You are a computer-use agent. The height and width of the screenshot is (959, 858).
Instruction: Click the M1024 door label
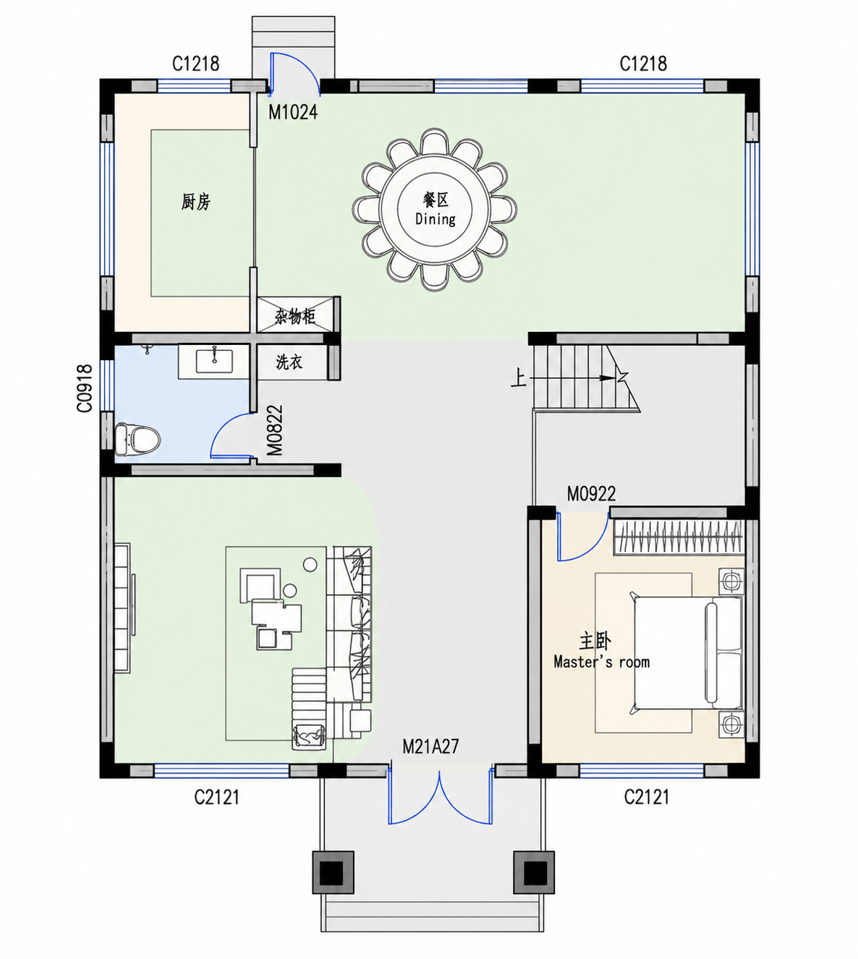[x=292, y=112]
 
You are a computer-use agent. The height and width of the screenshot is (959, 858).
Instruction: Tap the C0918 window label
[x=85, y=388]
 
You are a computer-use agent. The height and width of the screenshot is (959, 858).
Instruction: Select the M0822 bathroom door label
[x=275, y=430]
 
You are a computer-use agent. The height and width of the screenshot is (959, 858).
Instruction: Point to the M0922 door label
[x=592, y=494]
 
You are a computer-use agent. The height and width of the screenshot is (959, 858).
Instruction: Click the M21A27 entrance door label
[x=430, y=746]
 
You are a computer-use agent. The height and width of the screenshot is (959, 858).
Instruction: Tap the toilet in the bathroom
[x=137, y=439]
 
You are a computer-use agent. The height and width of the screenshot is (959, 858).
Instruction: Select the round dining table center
[x=435, y=210]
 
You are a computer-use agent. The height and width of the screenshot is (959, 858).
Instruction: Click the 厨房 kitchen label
[x=195, y=202]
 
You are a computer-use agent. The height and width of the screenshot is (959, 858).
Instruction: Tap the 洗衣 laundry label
[x=289, y=362]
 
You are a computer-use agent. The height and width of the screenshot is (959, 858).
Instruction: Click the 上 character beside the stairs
[x=518, y=379]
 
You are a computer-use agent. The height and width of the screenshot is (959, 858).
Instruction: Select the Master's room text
[x=601, y=661]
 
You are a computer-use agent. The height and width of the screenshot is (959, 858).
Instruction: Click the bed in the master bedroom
[x=687, y=653]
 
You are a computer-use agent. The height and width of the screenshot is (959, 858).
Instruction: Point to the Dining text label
[x=436, y=218]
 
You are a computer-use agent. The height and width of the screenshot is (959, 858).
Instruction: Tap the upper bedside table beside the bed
[x=731, y=581]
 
